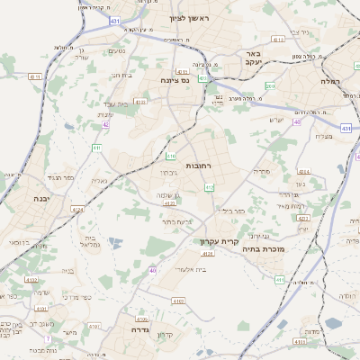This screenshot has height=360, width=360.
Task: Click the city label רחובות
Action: [197, 166]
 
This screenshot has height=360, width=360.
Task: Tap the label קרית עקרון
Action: [218, 241]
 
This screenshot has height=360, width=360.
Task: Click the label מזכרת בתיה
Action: [263, 249]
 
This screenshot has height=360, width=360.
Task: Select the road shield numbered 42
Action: [106, 125]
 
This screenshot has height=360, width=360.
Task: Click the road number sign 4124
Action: [77, 210]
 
